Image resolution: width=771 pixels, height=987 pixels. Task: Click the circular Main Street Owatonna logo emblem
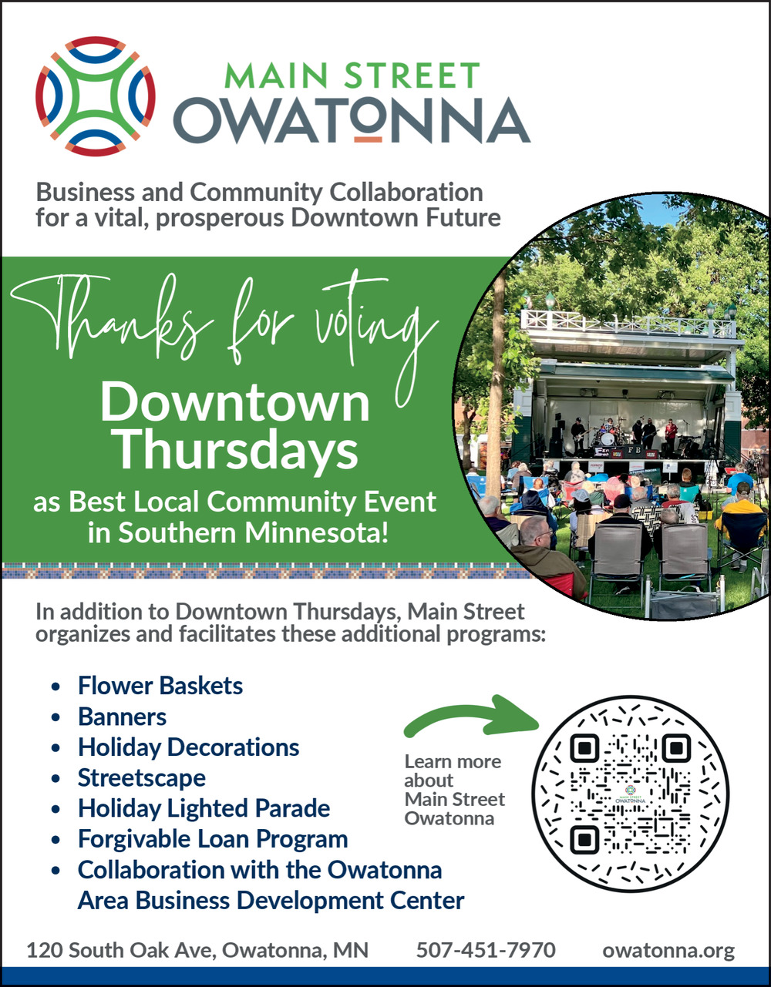(x=96, y=96)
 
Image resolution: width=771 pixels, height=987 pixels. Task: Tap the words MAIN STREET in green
(x=352, y=76)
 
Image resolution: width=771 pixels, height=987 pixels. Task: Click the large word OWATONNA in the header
(x=352, y=120)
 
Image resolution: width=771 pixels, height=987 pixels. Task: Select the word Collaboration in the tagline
(x=406, y=192)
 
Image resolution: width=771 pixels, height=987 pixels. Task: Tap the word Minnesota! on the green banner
(x=317, y=532)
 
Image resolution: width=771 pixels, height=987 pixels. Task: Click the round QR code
(x=631, y=794)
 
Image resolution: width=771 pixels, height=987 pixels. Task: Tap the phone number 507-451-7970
(x=486, y=950)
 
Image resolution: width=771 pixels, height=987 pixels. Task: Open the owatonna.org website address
(x=668, y=951)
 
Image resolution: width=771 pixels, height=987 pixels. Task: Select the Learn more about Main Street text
(x=454, y=781)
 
